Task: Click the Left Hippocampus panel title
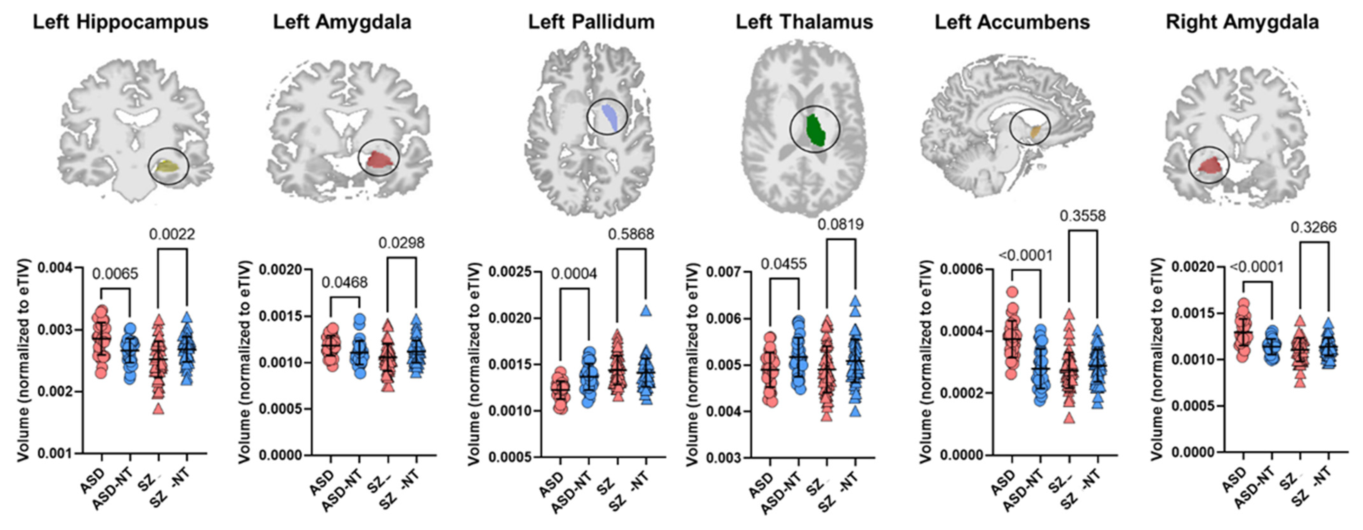[x=121, y=22]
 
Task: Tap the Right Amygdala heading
[x=1242, y=22]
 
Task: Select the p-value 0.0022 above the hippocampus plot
[x=172, y=234]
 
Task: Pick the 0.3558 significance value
[x=1083, y=216]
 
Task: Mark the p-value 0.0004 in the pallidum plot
[x=574, y=273]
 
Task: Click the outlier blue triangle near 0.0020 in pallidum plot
[x=645, y=311]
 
